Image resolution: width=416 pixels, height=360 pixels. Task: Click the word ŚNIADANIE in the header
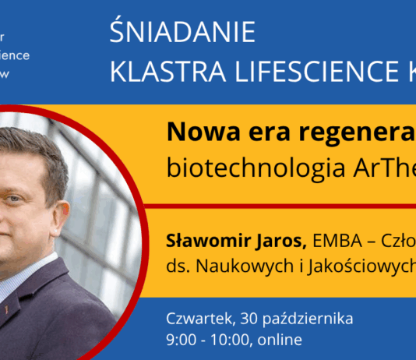(x=182, y=34)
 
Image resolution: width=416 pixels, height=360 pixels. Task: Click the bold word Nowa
(x=196, y=134)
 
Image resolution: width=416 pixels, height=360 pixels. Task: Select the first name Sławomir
(x=199, y=238)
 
